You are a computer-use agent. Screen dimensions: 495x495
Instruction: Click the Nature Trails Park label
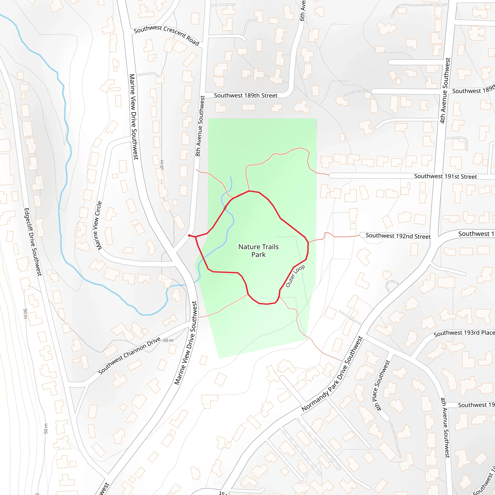tap(258, 251)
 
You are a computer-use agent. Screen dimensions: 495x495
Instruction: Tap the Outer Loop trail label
tap(295, 276)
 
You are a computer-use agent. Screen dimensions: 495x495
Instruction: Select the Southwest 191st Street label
tap(445, 176)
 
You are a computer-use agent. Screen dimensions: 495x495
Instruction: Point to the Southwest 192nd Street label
tap(398, 236)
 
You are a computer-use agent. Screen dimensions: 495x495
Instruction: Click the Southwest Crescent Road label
tap(166, 35)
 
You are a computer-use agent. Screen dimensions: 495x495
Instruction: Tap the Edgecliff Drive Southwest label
tap(33, 242)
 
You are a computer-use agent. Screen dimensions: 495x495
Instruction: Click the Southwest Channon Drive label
tap(129, 355)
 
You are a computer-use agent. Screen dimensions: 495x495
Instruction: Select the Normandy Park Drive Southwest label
tap(332, 374)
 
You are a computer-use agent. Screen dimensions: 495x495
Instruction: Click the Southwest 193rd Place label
tap(464, 333)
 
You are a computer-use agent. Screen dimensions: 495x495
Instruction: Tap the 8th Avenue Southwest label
tap(200, 126)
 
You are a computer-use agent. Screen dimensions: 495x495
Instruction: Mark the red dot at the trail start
tap(189, 235)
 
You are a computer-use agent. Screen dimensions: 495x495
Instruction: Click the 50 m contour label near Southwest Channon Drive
tap(168, 341)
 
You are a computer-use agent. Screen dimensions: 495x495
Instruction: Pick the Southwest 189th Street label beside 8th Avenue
tap(246, 95)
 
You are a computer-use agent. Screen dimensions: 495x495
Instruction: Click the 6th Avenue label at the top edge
tap(302, 10)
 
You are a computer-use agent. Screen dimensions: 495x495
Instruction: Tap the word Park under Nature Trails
tap(258, 255)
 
